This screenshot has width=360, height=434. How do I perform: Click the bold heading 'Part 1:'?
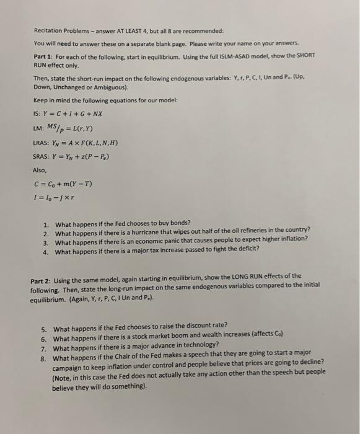(x=44, y=56)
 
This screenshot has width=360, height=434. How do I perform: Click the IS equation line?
(x=68, y=114)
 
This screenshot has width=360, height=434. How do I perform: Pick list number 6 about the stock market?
(x=44, y=339)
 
